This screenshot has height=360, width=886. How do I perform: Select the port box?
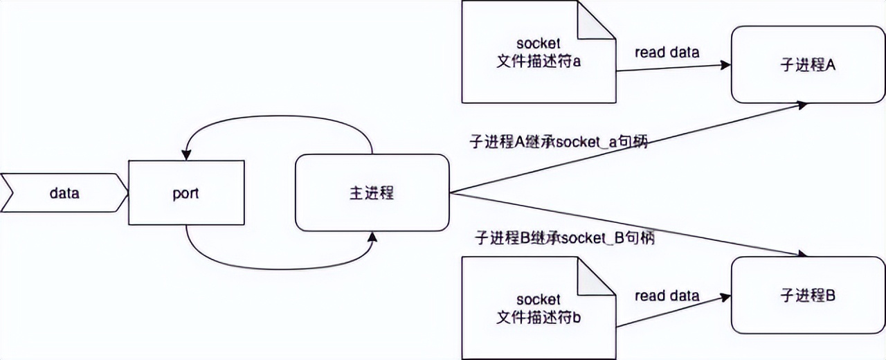[186, 192]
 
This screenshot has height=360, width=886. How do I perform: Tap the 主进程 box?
[372, 192]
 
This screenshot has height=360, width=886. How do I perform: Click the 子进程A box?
[807, 65]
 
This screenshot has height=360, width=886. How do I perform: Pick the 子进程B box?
[807, 296]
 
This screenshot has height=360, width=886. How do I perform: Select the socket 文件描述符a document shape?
[539, 52]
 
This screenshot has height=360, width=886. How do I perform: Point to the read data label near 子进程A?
[667, 53]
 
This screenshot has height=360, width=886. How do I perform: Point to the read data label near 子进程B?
[667, 296]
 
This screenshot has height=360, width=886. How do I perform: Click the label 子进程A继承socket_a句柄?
[558, 143]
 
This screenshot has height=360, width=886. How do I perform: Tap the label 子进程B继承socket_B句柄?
[565, 238]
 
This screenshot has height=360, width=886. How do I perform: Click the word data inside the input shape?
[64, 193]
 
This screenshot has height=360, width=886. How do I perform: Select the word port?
[186, 193]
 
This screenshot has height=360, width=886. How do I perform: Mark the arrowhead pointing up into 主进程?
[373, 237]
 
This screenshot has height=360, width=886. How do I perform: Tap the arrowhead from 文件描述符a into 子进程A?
[725, 65]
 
